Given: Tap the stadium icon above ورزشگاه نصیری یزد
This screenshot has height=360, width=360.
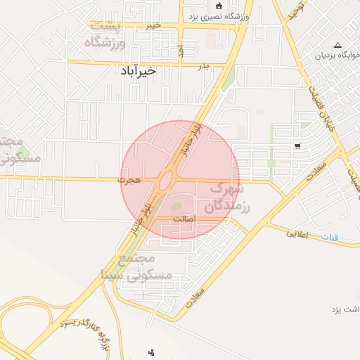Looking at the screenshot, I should (218, 5).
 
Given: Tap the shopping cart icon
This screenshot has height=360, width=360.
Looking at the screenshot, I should (297, 146).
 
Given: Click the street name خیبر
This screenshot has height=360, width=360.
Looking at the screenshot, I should (153, 25).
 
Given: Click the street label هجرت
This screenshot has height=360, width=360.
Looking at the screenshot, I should (131, 180).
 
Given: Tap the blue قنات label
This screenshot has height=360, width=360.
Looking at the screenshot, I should (329, 237).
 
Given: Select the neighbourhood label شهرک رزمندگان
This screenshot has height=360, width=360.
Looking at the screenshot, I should (226, 198).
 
